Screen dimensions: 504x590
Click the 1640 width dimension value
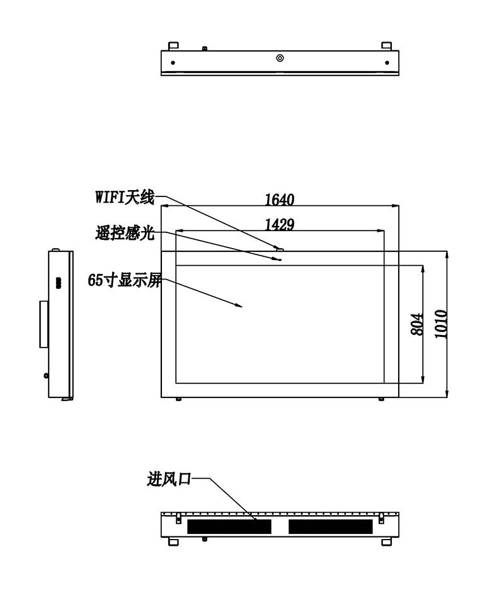coord(279,200)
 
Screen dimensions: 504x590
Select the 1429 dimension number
coord(279,225)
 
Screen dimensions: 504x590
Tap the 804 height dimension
coord(417,324)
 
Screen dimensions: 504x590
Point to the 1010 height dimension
coord(441,324)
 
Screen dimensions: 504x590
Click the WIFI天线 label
coord(125,197)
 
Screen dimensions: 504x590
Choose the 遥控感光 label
coord(125,233)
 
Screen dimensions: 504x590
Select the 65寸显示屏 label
coord(125,280)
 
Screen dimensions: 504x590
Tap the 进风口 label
coord(169,479)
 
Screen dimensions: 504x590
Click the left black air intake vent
coord(229,527)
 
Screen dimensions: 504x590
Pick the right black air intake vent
coord(331,527)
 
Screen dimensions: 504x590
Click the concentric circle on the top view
coord(280,58)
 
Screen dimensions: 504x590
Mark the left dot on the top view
coord(173,62)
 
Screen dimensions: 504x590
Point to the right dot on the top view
coord(387,62)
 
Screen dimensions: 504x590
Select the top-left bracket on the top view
coord(173,46)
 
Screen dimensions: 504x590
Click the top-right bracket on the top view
coord(387,46)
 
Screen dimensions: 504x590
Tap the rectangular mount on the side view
coord(44,324)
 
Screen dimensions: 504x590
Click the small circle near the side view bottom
coord(46,375)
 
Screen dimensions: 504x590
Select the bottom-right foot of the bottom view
coord(387,542)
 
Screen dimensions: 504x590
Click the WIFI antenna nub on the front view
coord(280,248)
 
